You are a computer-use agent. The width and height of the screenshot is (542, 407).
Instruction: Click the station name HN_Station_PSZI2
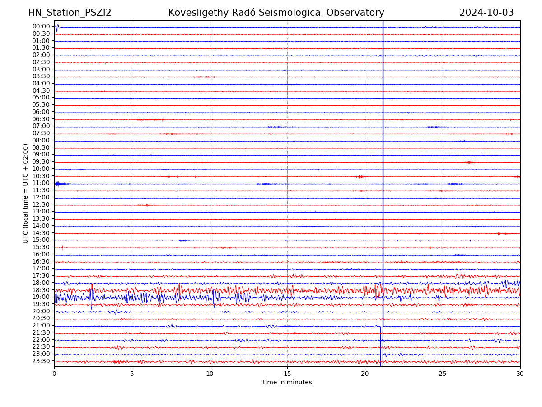pos(70,13)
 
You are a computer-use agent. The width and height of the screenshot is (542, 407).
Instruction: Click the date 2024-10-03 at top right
pos(486,13)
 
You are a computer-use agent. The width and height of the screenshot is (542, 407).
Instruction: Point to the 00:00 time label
pos(41,27)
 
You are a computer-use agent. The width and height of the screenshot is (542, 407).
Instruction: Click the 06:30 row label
pos(41,119)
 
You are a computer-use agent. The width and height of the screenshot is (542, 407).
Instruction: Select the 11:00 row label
pos(41,183)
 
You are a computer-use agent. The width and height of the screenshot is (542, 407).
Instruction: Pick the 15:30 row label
pos(41,247)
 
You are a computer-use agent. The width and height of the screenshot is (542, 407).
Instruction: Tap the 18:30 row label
pos(41,290)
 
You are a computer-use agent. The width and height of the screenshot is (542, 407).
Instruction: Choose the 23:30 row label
pos(41,361)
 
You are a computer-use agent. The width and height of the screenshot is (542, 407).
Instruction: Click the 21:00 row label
pos(41,326)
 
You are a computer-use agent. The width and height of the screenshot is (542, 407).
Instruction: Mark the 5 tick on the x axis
pos(132,374)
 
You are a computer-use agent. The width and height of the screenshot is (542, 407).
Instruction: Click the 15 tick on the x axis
pos(287,374)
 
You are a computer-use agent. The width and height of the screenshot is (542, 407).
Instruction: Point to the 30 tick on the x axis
pos(520,374)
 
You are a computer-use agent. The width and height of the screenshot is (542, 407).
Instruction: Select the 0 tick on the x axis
pos(54,374)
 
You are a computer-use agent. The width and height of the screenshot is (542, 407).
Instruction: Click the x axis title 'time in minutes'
pos(287,383)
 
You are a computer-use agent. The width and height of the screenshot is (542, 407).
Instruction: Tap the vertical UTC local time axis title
pos(26,194)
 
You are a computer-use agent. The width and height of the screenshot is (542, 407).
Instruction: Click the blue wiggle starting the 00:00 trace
pos(57,27)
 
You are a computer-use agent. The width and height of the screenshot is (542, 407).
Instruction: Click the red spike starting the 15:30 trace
pos(62,247)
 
